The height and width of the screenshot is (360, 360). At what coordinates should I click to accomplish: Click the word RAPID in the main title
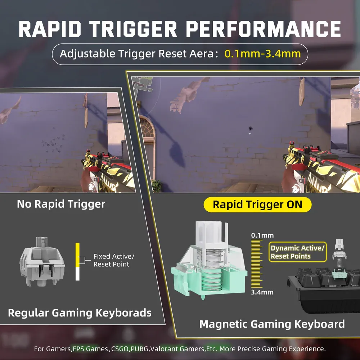point(50,29)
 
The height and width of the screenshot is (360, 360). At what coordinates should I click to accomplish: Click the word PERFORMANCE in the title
point(264,29)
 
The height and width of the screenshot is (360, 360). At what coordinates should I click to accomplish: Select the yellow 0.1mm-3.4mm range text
point(263,54)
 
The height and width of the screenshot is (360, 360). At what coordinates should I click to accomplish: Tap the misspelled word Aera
point(201,54)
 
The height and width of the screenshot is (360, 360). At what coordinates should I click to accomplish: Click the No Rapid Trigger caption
point(61,204)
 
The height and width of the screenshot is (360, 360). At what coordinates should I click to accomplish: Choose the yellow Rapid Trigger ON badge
point(257,204)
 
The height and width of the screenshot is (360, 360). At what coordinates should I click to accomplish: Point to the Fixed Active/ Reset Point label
point(114,260)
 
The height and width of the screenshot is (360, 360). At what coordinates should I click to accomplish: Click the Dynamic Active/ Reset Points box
point(298,252)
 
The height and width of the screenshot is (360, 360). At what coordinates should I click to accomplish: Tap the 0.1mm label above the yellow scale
point(262,235)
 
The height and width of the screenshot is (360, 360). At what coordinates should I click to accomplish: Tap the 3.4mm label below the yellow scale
point(262,292)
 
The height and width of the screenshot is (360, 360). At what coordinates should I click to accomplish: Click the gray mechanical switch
point(42,261)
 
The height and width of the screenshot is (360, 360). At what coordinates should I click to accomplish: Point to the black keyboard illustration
point(324,290)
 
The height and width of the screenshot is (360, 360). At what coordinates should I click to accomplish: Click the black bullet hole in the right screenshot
point(251,128)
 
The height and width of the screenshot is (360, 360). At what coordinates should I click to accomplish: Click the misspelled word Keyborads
point(123,313)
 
